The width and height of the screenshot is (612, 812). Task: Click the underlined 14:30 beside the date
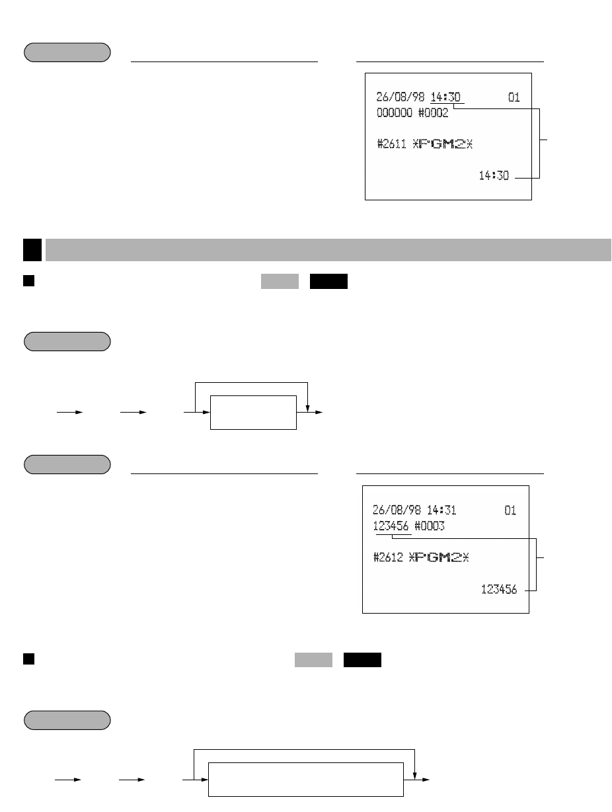pos(447,98)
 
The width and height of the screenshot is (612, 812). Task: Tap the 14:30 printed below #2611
pos(494,176)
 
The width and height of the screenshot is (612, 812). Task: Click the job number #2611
pos(391,145)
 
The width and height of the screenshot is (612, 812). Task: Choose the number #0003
pos(430,526)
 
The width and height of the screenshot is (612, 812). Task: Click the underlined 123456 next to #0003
pos(391,526)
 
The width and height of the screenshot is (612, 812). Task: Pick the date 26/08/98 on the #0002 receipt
pos(399,98)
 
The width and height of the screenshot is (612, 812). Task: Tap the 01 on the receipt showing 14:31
pos(510,510)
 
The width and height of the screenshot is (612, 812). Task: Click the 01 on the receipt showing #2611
pos(514,98)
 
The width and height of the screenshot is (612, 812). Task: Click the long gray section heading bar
pos(328,250)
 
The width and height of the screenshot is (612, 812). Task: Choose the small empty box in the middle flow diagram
pos(253,413)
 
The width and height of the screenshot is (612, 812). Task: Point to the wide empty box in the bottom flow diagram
pos(306,779)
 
